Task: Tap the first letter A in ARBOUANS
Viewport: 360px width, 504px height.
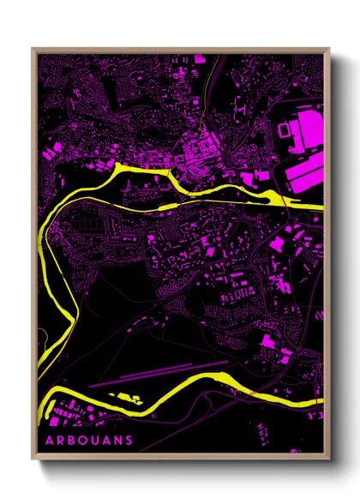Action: (x=49, y=441)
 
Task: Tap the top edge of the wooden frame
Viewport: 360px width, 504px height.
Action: (x=180, y=50)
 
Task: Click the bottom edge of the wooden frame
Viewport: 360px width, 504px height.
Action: (x=180, y=459)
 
